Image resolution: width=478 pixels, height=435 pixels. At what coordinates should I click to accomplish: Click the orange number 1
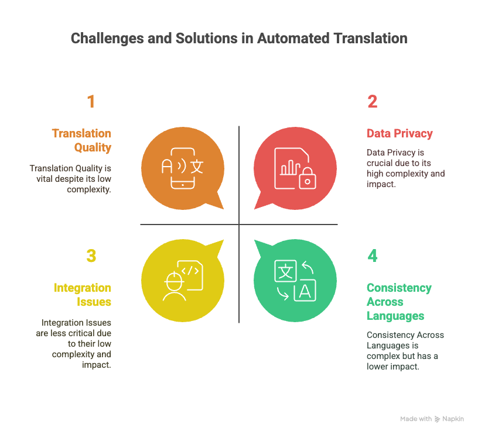91,101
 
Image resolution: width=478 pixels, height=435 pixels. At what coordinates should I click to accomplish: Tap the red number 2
372,101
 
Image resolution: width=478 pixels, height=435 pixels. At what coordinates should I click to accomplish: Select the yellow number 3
91,256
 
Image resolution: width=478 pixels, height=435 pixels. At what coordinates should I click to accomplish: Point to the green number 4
372,256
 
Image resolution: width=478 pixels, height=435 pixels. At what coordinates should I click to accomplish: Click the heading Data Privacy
400,133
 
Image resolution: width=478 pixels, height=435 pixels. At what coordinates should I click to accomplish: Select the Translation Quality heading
81,140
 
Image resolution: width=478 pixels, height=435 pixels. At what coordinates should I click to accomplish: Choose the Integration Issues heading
83,295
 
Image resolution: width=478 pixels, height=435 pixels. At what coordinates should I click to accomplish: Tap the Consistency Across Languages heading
399,302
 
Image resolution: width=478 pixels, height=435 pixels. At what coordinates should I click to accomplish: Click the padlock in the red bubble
308,178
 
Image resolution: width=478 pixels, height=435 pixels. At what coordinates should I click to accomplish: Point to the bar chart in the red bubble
290,168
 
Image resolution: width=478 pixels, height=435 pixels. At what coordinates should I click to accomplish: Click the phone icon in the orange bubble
183,168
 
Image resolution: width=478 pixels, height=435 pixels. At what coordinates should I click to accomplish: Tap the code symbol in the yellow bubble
190,271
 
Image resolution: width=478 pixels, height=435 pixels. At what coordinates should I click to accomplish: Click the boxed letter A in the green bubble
305,290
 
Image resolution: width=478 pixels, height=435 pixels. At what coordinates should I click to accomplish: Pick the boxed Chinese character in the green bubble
286,271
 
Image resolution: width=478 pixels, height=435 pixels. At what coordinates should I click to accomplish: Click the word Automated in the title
293,39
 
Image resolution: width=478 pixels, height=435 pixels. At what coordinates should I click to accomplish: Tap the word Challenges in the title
107,39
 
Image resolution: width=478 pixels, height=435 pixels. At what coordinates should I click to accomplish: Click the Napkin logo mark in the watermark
437,419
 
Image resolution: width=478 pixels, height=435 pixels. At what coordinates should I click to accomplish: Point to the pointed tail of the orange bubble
223,209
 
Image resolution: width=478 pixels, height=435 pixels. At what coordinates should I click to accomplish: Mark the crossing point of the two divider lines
239,225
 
